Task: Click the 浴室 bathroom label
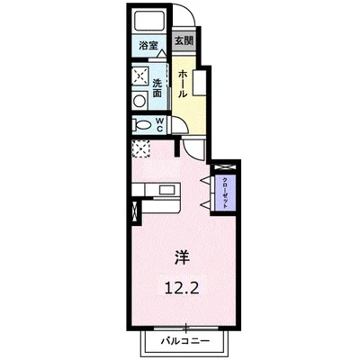(x=148, y=46)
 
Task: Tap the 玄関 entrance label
(x=184, y=40)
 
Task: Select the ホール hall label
(x=183, y=84)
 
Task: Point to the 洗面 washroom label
(x=157, y=88)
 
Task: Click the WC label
(x=160, y=124)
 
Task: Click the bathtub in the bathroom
(x=148, y=21)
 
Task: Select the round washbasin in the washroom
(x=139, y=101)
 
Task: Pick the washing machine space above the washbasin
(x=140, y=76)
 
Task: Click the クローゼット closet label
(x=224, y=193)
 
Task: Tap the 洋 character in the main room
(x=183, y=256)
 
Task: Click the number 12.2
(x=181, y=289)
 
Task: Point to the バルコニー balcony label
(x=185, y=341)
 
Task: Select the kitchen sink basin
(x=167, y=190)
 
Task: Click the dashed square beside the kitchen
(x=141, y=149)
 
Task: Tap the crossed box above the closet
(x=226, y=168)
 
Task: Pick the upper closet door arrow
(x=206, y=180)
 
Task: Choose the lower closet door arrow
(x=206, y=205)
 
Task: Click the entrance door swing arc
(x=189, y=13)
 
